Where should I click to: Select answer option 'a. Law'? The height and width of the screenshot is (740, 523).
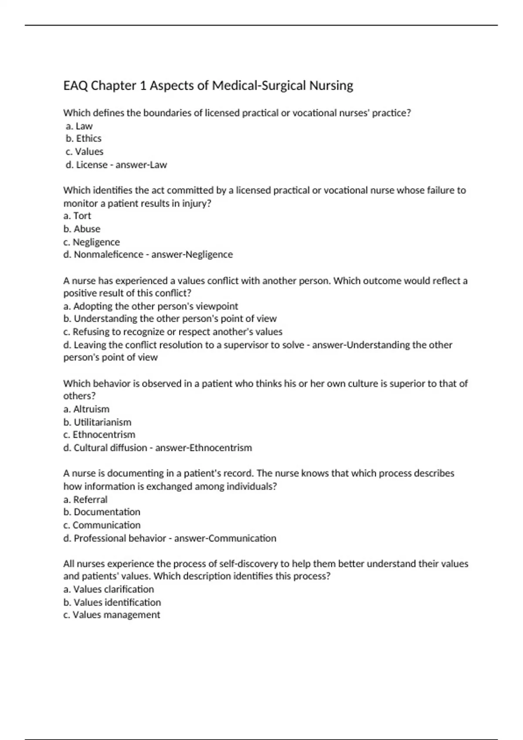tap(79, 126)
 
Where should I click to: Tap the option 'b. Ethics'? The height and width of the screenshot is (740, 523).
tap(84, 138)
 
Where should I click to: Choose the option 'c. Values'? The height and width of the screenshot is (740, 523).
tap(85, 152)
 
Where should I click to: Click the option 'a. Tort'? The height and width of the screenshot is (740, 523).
tap(77, 216)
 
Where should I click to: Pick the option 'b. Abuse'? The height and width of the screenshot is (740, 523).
tap(82, 229)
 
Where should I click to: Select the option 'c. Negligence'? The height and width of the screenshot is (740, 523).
tap(92, 242)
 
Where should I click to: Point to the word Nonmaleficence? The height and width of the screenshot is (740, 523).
tap(109, 255)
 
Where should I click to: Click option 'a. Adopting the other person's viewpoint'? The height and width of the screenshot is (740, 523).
tap(151, 306)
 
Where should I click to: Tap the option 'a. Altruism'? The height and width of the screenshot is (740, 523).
tap(86, 409)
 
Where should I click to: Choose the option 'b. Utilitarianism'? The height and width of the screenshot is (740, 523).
tap(97, 422)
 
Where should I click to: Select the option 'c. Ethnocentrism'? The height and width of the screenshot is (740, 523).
tap(99, 435)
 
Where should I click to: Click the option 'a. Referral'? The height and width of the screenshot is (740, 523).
tap(85, 500)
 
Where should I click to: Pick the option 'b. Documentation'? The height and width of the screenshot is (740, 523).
tap(102, 512)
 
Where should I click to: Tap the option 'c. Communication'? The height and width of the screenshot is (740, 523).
tap(102, 525)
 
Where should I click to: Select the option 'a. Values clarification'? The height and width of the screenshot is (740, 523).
tap(109, 589)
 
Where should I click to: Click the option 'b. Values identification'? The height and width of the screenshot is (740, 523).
tap(112, 602)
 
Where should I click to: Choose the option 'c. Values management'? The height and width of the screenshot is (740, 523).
tap(112, 615)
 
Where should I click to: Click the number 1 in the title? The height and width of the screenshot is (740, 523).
tap(143, 86)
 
